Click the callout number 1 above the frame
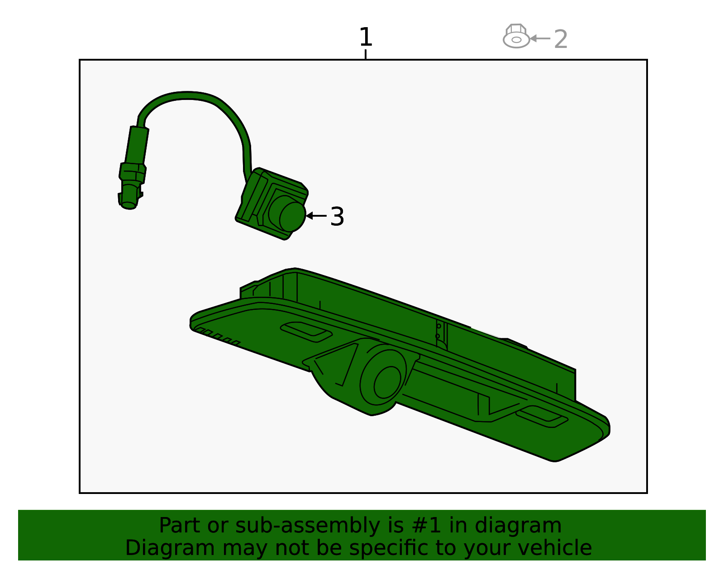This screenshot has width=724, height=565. pos(366,37)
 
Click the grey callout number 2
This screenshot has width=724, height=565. pos(560,39)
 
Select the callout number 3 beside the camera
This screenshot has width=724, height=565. pos(337,217)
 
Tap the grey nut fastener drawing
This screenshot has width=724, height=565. pos(516,36)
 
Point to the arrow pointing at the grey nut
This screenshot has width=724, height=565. pos(540,38)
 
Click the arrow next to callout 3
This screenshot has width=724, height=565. pos(316,216)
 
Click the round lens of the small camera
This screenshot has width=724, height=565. pos(292,217)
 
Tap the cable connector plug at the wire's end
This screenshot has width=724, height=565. pos(133,168)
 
